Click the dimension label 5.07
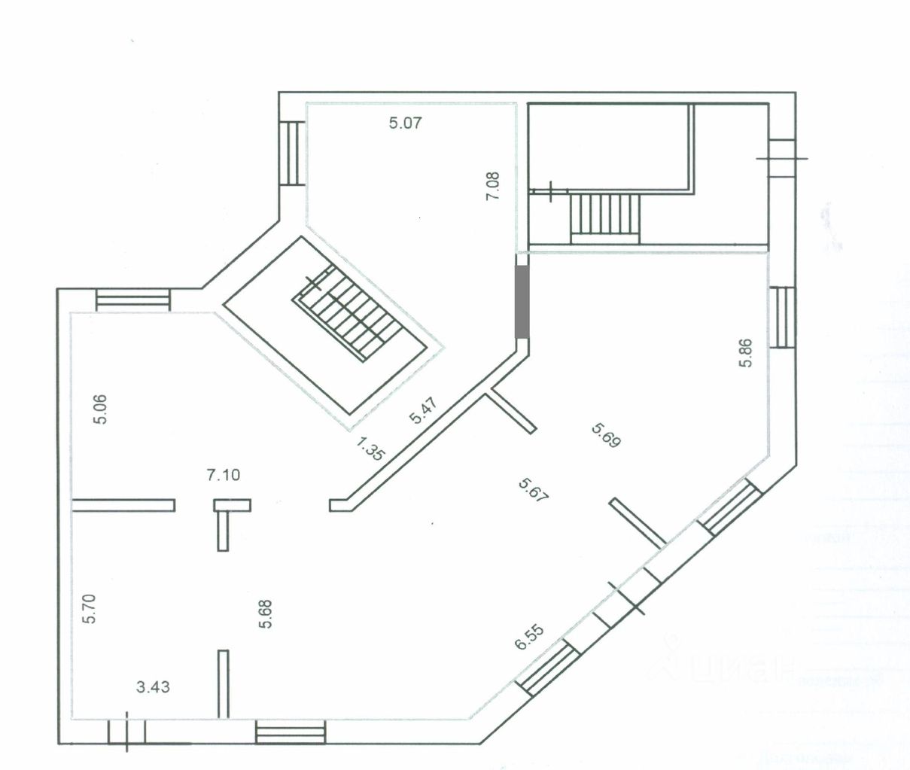(405, 123)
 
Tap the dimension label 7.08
(494, 186)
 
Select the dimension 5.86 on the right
(745, 352)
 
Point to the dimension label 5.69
(606, 436)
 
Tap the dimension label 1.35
(370, 449)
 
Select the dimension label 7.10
(224, 475)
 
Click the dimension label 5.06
(100, 409)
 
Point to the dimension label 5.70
(90, 608)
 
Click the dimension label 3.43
(153, 686)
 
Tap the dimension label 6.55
(529, 637)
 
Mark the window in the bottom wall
(291, 732)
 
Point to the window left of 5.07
(293, 153)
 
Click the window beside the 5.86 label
(784, 317)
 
